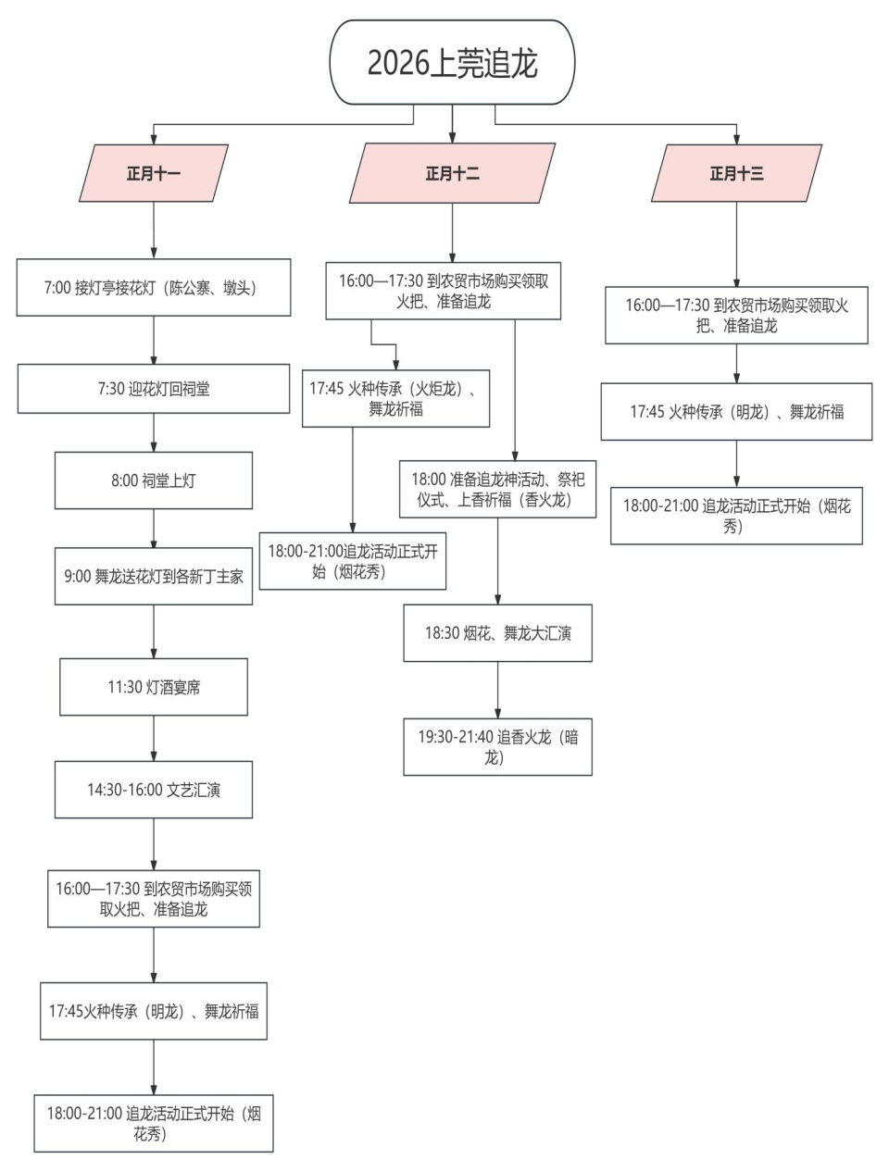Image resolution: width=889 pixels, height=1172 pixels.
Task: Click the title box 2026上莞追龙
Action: (452, 62)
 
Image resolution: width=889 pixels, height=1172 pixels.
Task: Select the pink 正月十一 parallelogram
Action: (154, 173)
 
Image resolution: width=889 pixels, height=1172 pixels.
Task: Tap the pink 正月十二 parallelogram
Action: (452, 173)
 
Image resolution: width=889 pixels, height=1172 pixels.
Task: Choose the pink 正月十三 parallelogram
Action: (736, 173)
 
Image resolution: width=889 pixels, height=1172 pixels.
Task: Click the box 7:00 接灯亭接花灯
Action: (154, 288)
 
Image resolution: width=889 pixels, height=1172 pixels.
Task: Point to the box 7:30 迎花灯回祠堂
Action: (154, 389)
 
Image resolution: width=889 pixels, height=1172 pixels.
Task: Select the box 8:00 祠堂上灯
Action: (154, 480)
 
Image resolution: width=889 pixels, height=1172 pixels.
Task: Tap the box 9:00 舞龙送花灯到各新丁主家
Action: (154, 576)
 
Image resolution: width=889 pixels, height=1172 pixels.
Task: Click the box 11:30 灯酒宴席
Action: (154, 687)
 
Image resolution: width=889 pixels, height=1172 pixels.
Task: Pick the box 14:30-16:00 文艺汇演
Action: (154, 790)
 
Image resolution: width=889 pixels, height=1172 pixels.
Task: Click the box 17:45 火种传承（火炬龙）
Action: (395, 399)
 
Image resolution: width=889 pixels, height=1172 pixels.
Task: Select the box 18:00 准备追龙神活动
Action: (497, 489)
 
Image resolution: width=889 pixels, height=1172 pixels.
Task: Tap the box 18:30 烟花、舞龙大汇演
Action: (497, 633)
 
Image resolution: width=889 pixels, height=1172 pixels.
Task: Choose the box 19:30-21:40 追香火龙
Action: (497, 747)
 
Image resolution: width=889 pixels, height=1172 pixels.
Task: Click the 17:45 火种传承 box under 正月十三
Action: (736, 412)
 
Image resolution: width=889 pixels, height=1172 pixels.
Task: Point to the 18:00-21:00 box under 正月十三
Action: (736, 516)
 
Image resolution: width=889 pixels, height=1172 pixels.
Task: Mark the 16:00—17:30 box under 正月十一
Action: (154, 899)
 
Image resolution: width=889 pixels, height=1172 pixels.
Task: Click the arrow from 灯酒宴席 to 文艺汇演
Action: (154, 739)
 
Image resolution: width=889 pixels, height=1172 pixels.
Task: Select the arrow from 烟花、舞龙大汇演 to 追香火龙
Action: (497, 690)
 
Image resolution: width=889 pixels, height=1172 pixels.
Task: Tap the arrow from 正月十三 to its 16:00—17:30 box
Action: (736, 244)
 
